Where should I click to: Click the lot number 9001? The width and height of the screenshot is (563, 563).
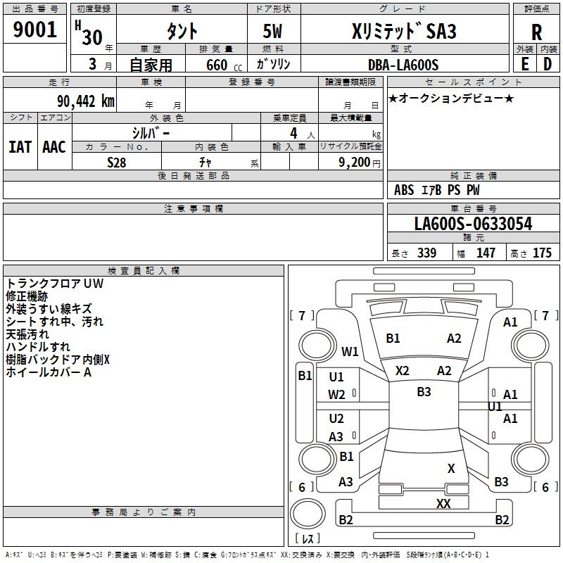pos(35,30)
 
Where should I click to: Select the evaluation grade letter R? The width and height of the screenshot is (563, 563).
pos(536,32)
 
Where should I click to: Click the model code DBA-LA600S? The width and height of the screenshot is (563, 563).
pos(403,65)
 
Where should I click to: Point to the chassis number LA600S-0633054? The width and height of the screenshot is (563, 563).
pos(473,224)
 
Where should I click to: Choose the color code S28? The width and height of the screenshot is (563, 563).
pos(116,163)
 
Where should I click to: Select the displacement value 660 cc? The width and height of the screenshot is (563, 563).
pos(217,65)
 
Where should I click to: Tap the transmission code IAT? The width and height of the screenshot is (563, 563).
pos(20,147)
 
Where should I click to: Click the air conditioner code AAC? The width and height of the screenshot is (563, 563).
pos(54,147)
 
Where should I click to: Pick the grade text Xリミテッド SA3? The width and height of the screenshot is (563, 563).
pos(403,32)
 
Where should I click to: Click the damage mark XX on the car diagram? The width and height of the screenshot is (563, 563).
pos(443,503)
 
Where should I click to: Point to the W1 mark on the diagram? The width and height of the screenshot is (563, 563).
pos(350,351)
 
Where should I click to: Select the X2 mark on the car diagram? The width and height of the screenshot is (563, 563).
pos(403,370)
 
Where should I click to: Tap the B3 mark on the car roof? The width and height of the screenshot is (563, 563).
pos(424,392)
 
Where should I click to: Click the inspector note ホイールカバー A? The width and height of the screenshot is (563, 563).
pos(49,372)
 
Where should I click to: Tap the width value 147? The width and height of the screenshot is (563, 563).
pos(486,253)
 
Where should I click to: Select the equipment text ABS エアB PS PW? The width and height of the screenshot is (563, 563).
pos(437,190)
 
